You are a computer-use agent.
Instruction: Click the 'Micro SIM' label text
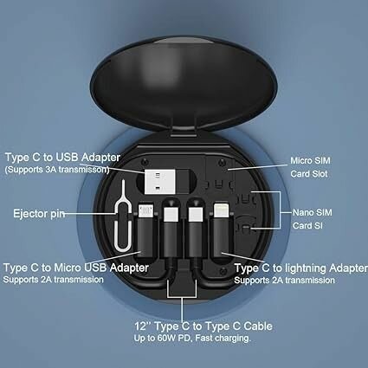[308, 162]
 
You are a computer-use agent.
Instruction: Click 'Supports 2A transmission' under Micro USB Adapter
[51, 280]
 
